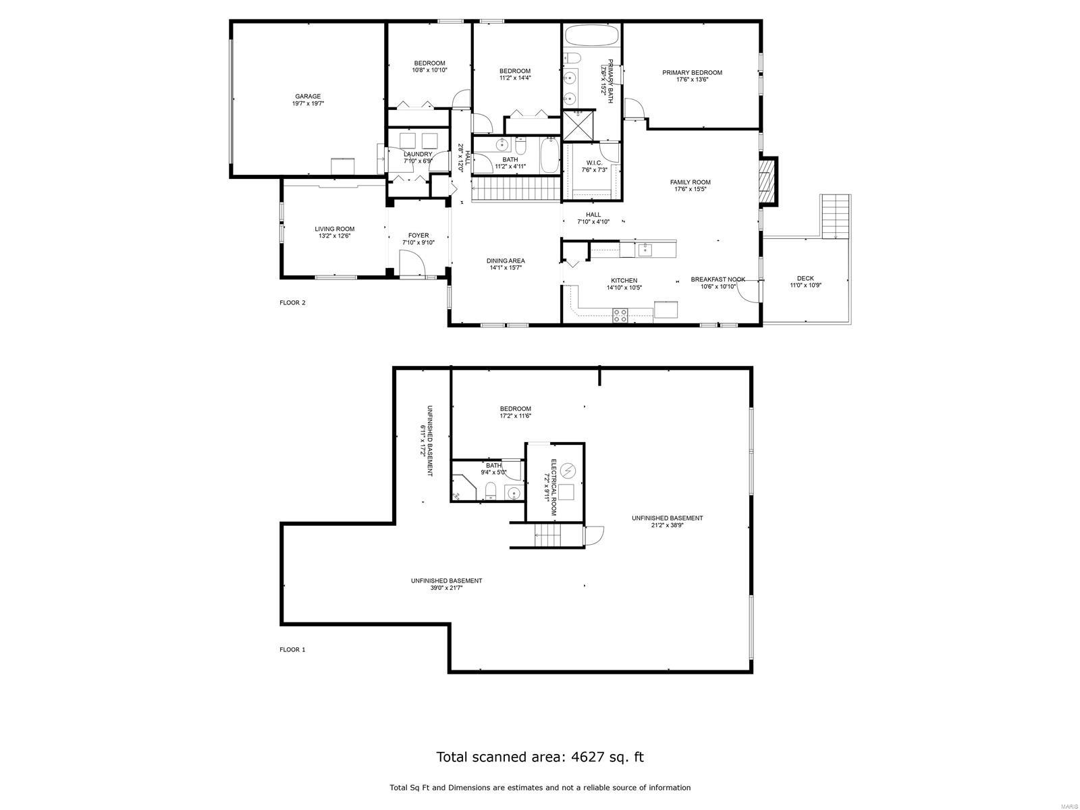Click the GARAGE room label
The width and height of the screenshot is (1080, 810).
pyautogui.click(x=308, y=97)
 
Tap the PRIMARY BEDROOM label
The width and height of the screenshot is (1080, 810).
pyautogui.click(x=692, y=73)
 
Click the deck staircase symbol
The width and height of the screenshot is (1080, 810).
pyautogui.click(x=836, y=215)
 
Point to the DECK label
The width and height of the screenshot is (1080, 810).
pyautogui.click(x=805, y=278)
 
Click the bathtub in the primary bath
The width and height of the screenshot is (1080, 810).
pyautogui.click(x=591, y=35)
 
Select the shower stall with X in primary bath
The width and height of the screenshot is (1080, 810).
pyautogui.click(x=577, y=126)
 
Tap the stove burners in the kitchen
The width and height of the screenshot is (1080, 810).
pyautogui.click(x=620, y=313)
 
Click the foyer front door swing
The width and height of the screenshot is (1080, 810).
pyautogui.click(x=412, y=264)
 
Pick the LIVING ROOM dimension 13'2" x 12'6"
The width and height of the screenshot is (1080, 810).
pyautogui.click(x=334, y=236)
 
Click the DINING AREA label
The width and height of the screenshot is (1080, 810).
pyautogui.click(x=506, y=261)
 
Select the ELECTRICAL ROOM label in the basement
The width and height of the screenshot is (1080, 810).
pyautogui.click(x=553, y=487)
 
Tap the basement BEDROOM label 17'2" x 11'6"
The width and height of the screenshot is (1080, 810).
pyautogui.click(x=515, y=409)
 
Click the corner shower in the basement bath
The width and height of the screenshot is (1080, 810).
pyautogui.click(x=462, y=487)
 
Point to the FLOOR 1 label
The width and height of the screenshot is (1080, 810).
pyautogui.click(x=292, y=650)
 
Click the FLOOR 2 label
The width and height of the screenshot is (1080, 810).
pyautogui.click(x=292, y=303)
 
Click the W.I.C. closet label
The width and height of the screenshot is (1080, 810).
pyautogui.click(x=594, y=163)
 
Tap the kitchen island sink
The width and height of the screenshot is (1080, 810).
pyautogui.click(x=645, y=250)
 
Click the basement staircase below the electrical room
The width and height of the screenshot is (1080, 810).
pyautogui.click(x=548, y=538)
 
